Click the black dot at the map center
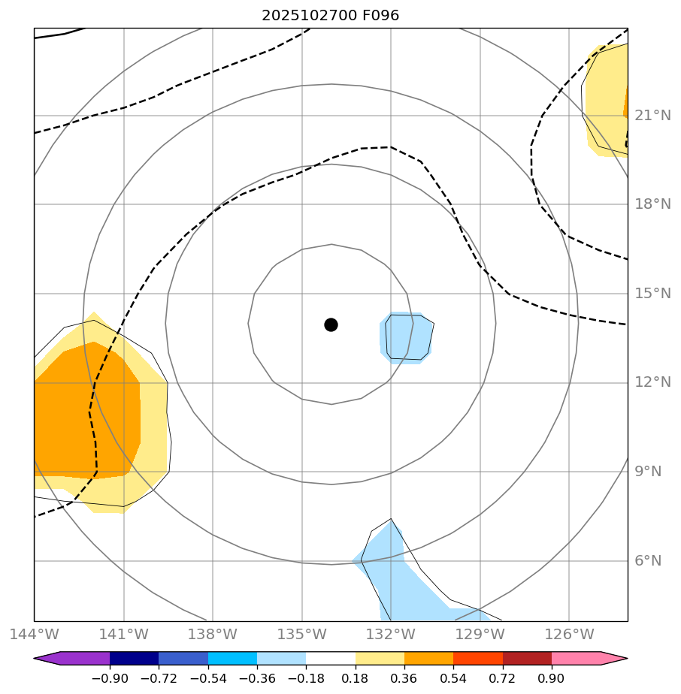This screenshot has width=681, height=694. coord(331,324)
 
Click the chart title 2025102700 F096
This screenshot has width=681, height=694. coord(330,15)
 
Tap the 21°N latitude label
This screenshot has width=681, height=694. coord(652,116)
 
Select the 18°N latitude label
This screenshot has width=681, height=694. coord(652,204)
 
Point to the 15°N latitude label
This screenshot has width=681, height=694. coord(652,294)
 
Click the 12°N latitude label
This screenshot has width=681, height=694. coord(652,382)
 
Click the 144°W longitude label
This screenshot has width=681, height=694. coord(34,635)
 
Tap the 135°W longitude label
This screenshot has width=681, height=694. coord(301,635)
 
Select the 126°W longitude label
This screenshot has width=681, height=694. coord(569,635)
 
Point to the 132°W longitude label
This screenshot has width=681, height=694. coord(391,635)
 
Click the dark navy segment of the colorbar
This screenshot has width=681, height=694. coord(134,659)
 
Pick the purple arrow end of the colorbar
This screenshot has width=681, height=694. coord(47,659)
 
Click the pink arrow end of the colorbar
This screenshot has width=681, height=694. coord(613,659)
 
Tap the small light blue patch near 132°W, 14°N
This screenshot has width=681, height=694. coord(406,337)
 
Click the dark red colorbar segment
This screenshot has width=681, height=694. coord(527,659)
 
